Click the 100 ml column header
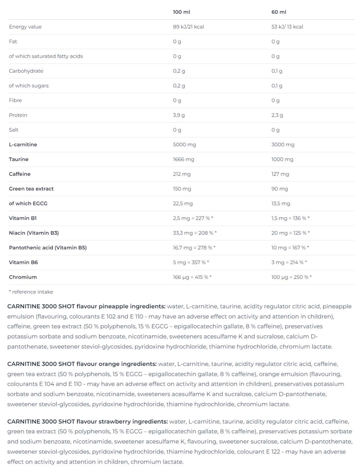pyautogui.click(x=181, y=12)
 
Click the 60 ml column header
pyautogui.click(x=279, y=12)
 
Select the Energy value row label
pyautogui.click(x=25, y=27)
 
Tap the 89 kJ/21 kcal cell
pyautogui.click(x=188, y=27)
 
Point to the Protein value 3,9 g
pyautogui.click(x=179, y=115)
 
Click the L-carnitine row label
pyautogui.click(x=23, y=144)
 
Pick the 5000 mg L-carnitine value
pyautogui.click(x=184, y=144)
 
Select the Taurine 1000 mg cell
pyautogui.click(x=282, y=159)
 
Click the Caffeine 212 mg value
pyautogui.click(x=181, y=174)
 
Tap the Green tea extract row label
pyautogui.click(x=31, y=189)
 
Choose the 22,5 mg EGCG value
pyautogui.click(x=182, y=204)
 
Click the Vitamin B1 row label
pyautogui.click(x=23, y=218)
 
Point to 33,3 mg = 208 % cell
pyautogui.click(x=194, y=233)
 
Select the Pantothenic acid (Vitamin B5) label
pyautogui.click(x=48, y=248)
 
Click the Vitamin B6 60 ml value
pyautogui.click(x=289, y=262)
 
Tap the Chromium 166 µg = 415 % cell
pyautogui.click(x=192, y=277)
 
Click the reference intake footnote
pyautogui.click(x=31, y=292)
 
